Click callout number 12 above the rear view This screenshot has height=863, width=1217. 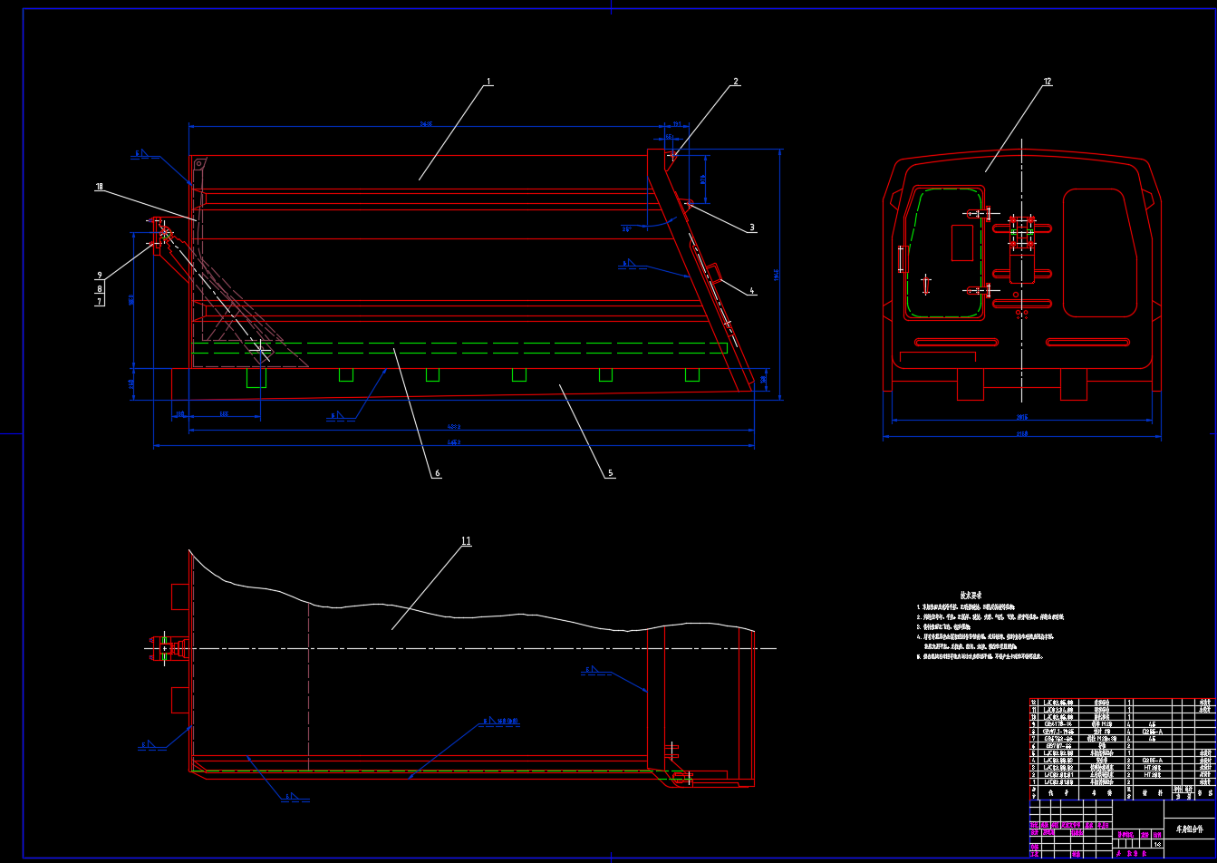[1048, 82]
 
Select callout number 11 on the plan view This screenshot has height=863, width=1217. [466, 541]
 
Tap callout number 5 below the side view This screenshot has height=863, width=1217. [610, 473]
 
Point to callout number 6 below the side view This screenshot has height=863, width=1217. [437, 473]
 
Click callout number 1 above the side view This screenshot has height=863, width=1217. [488, 82]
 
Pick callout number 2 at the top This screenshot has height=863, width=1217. [736, 82]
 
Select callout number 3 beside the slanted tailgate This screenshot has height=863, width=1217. [751, 228]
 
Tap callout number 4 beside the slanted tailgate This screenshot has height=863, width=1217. [751, 291]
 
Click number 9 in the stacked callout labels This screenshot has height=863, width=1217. [99, 276]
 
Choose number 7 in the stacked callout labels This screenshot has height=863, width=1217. [99, 301]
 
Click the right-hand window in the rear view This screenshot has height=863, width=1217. [1099, 252]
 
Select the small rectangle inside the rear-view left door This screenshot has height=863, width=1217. [961, 242]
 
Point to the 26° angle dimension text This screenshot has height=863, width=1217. [625, 229]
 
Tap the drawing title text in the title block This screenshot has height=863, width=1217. [1190, 829]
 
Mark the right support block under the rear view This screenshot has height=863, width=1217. [1074, 384]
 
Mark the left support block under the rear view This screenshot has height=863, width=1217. [971, 384]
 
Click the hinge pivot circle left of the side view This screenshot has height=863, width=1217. [165, 233]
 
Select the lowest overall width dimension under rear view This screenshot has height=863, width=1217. [1021, 435]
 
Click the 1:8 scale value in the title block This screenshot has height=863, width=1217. [1157, 845]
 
